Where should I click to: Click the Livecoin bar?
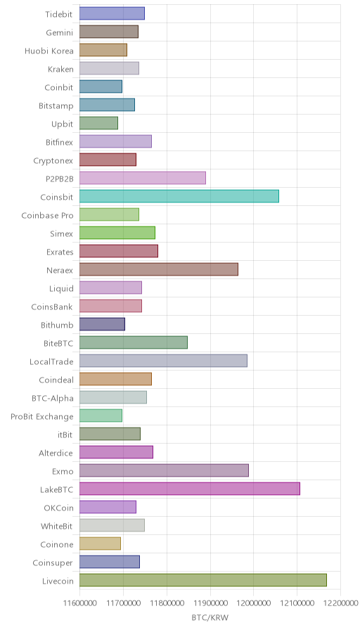coord(203,580)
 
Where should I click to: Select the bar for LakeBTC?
coord(190,489)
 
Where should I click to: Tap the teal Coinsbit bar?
coord(179,196)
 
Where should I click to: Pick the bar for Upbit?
coord(99,123)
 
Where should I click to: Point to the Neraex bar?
coord(159,269)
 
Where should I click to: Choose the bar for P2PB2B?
coord(143,178)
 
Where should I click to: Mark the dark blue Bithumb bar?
coord(102,324)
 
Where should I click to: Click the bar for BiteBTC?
coord(134,342)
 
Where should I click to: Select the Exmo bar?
coord(164,470)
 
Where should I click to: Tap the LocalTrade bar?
coord(164,361)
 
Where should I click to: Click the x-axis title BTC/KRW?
coord(210,617)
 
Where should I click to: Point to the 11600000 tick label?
coord(79,603)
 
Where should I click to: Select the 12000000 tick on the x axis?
coord(254,603)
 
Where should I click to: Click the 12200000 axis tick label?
coord(341,603)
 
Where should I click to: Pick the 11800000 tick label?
coord(167,603)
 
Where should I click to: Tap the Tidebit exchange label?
coord(59,14)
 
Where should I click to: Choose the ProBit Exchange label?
coord(42,416)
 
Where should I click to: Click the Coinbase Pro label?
coord(47,215)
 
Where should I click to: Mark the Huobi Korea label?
coord(49,51)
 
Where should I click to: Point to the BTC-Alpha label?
coord(53,398)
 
